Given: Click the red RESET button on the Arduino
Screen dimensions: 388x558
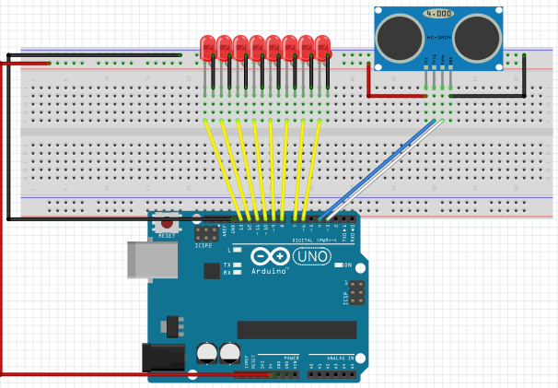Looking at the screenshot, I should pyautogui.click(x=167, y=222).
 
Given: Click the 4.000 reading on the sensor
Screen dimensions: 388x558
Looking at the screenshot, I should pyautogui.click(x=437, y=14).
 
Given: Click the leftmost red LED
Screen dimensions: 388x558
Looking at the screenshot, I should pyautogui.click(x=207, y=46).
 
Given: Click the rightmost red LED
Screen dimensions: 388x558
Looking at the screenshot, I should pyautogui.click(x=322, y=46).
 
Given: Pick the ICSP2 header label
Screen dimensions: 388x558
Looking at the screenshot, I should pyautogui.click(x=203, y=246).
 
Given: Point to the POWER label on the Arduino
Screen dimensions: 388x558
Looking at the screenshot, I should pyautogui.click(x=278, y=357).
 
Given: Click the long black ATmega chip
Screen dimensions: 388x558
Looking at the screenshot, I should pyautogui.click(x=296, y=329).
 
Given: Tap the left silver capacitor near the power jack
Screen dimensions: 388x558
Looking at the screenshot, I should pyautogui.click(x=207, y=353).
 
